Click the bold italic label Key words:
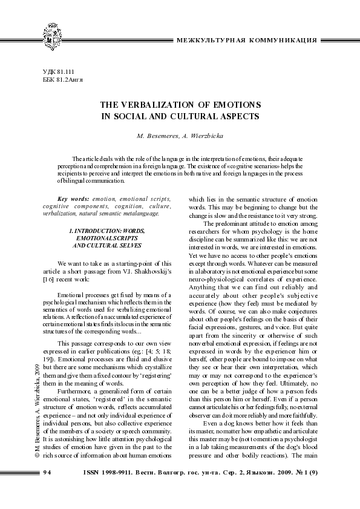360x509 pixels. coord(70,199)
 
